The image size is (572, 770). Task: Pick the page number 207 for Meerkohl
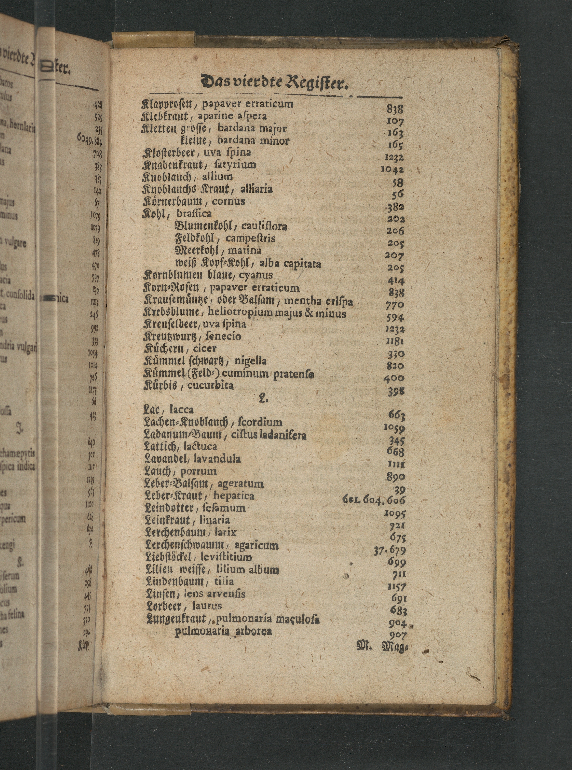click(x=394, y=256)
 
